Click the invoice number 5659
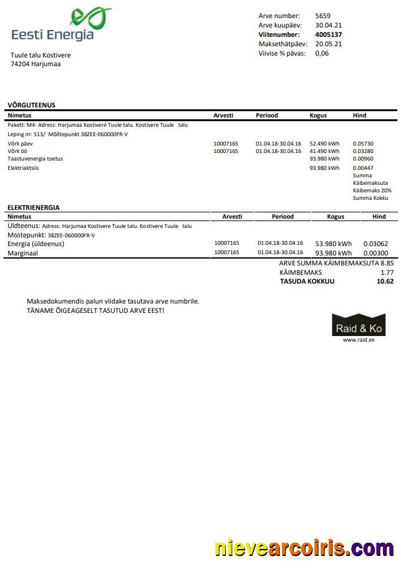[323, 16]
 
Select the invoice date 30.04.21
[328, 25]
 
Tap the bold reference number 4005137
[329, 34]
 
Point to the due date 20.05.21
[328, 44]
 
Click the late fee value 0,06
[322, 53]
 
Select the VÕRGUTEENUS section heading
[31, 105]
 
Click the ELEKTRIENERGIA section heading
[33, 207]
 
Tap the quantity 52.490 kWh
[324, 144]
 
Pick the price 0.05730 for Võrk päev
[363, 144]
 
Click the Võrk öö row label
[17, 151]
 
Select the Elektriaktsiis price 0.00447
[363, 168]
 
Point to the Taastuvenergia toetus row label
[35, 159]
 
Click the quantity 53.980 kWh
[333, 244]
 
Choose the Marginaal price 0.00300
[376, 253]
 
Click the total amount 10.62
[385, 282]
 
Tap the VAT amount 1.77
[387, 272]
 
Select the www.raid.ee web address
[359, 340]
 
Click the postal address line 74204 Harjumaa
[36, 64]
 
